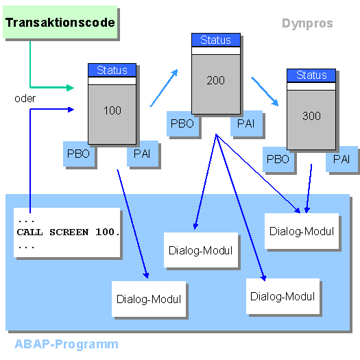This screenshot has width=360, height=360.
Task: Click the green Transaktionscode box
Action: (60, 22)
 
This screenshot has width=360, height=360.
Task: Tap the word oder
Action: (25, 99)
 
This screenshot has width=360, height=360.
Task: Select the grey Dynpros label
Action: (307, 23)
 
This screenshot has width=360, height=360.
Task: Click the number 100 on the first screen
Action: (112, 110)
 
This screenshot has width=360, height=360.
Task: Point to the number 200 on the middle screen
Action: (215, 80)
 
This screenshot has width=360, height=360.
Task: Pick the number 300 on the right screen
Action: (311, 116)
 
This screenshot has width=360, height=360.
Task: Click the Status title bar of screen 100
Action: (112, 70)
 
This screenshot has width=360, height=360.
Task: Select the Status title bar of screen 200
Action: (216, 40)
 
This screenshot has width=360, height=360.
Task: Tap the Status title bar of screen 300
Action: (311, 75)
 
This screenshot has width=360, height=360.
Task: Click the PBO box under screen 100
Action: (79, 154)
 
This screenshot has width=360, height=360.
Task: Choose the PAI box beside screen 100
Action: (143, 154)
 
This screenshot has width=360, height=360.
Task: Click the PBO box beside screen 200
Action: (183, 123)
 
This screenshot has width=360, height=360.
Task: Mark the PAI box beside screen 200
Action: (246, 123)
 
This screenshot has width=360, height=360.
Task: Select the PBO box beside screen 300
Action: (278, 159)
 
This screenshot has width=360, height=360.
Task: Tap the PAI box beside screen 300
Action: (341, 159)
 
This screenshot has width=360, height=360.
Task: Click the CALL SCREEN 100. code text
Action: (68, 232)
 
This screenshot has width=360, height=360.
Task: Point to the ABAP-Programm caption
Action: (67, 344)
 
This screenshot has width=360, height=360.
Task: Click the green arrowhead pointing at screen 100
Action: (70, 88)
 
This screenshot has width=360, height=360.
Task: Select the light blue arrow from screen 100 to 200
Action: (164, 88)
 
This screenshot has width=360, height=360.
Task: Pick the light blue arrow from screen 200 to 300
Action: (265, 91)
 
